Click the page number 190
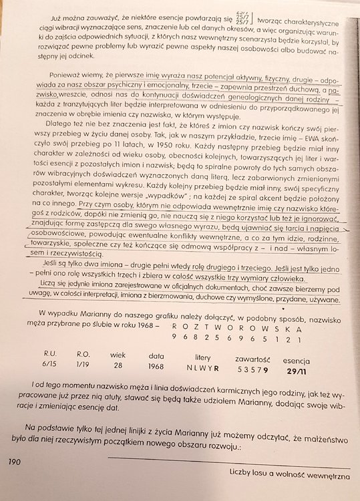(x=15, y=461)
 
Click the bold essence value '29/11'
(x=296, y=369)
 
